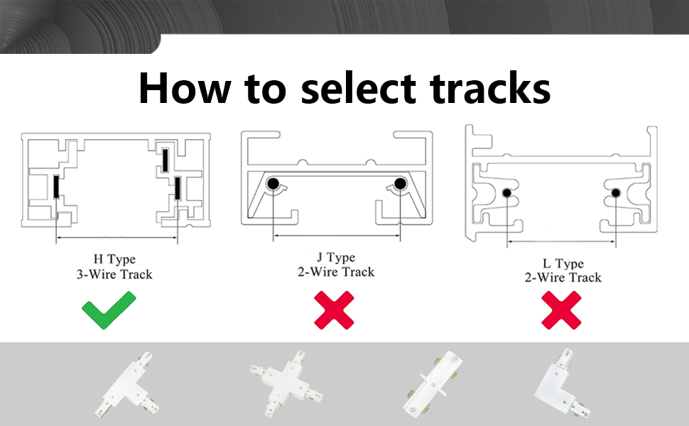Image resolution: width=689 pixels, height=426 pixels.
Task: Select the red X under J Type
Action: coord(335,310)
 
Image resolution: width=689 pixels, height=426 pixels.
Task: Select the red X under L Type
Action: coord(562,310)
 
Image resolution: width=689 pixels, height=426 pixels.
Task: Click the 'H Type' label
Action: coord(114,259)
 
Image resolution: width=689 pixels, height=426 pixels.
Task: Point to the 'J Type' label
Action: coord(335,257)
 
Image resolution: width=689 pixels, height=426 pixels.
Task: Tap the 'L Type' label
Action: coord(563,263)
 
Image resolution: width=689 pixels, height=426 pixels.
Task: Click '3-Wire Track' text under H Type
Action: coord(114,274)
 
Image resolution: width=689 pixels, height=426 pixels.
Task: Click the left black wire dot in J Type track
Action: coord(273,185)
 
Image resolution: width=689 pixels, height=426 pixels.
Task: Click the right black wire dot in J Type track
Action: coord(400,185)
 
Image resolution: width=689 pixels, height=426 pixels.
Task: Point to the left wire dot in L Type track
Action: coord(507,193)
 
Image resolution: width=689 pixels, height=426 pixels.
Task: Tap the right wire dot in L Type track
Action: coord(616,193)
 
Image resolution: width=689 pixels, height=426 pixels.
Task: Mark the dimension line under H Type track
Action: coord(116,238)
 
